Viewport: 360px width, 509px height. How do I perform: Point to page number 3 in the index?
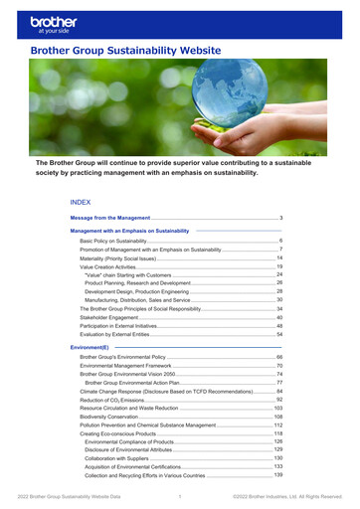282,217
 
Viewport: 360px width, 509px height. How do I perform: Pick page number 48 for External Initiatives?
279,327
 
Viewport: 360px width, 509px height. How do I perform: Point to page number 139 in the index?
278,476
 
